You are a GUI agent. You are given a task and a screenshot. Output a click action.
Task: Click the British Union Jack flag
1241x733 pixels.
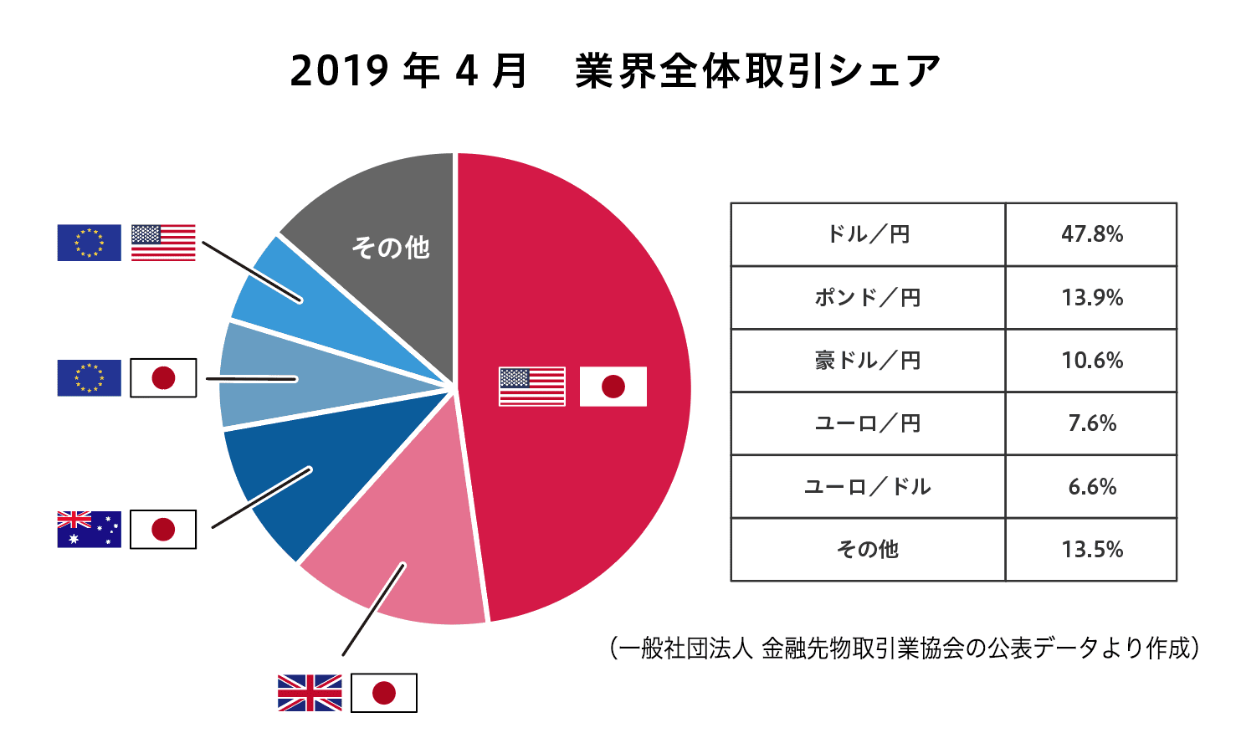(x=310, y=693)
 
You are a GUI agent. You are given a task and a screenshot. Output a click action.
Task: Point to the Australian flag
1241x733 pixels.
(x=89, y=529)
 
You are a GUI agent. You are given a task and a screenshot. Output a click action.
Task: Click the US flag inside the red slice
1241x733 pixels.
(x=531, y=387)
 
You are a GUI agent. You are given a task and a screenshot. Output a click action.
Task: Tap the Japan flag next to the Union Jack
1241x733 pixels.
(x=383, y=693)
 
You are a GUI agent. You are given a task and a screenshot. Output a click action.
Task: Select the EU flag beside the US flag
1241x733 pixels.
(x=89, y=243)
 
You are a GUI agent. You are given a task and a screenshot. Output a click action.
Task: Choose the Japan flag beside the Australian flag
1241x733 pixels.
(x=163, y=529)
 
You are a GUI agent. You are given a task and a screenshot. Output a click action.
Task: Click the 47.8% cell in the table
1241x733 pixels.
(x=1092, y=234)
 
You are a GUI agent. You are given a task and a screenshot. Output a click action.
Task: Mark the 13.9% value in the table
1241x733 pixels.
(x=1092, y=298)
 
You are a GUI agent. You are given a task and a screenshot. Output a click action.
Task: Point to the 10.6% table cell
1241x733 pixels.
(x=1092, y=361)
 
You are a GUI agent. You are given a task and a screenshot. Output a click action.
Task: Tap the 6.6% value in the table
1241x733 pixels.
(x=1092, y=487)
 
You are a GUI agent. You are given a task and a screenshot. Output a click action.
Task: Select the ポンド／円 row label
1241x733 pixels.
(x=868, y=298)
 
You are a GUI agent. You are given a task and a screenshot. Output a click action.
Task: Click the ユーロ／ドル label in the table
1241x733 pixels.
(x=868, y=487)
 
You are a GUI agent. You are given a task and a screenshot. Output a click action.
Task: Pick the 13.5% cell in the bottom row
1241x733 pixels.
(x=1092, y=550)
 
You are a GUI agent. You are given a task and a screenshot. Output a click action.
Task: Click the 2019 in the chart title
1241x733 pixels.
(x=339, y=71)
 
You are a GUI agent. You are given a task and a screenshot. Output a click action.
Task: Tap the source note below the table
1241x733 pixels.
(x=905, y=648)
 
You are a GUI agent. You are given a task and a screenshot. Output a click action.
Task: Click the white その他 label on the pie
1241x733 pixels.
(x=391, y=248)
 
